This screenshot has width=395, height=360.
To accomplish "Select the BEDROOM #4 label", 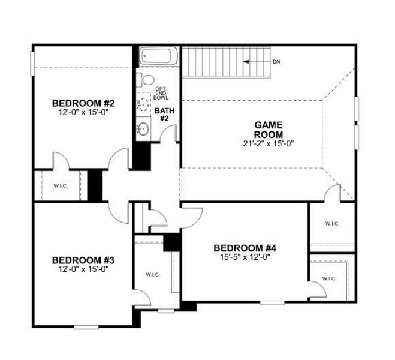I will (245, 248).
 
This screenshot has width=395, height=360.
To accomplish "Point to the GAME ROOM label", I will (268, 129).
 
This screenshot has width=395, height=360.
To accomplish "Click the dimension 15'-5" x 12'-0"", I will (245, 257).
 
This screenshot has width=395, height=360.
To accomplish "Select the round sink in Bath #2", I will (143, 128).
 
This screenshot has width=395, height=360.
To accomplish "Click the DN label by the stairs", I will (276, 61).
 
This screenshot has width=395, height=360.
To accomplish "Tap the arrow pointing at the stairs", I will (254, 61).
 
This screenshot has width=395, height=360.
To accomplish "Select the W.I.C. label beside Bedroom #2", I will (60, 186).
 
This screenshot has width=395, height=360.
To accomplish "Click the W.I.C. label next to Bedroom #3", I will (152, 274).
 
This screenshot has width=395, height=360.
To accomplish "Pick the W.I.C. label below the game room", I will (332, 224).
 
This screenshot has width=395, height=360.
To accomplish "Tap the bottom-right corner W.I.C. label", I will (328, 278).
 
